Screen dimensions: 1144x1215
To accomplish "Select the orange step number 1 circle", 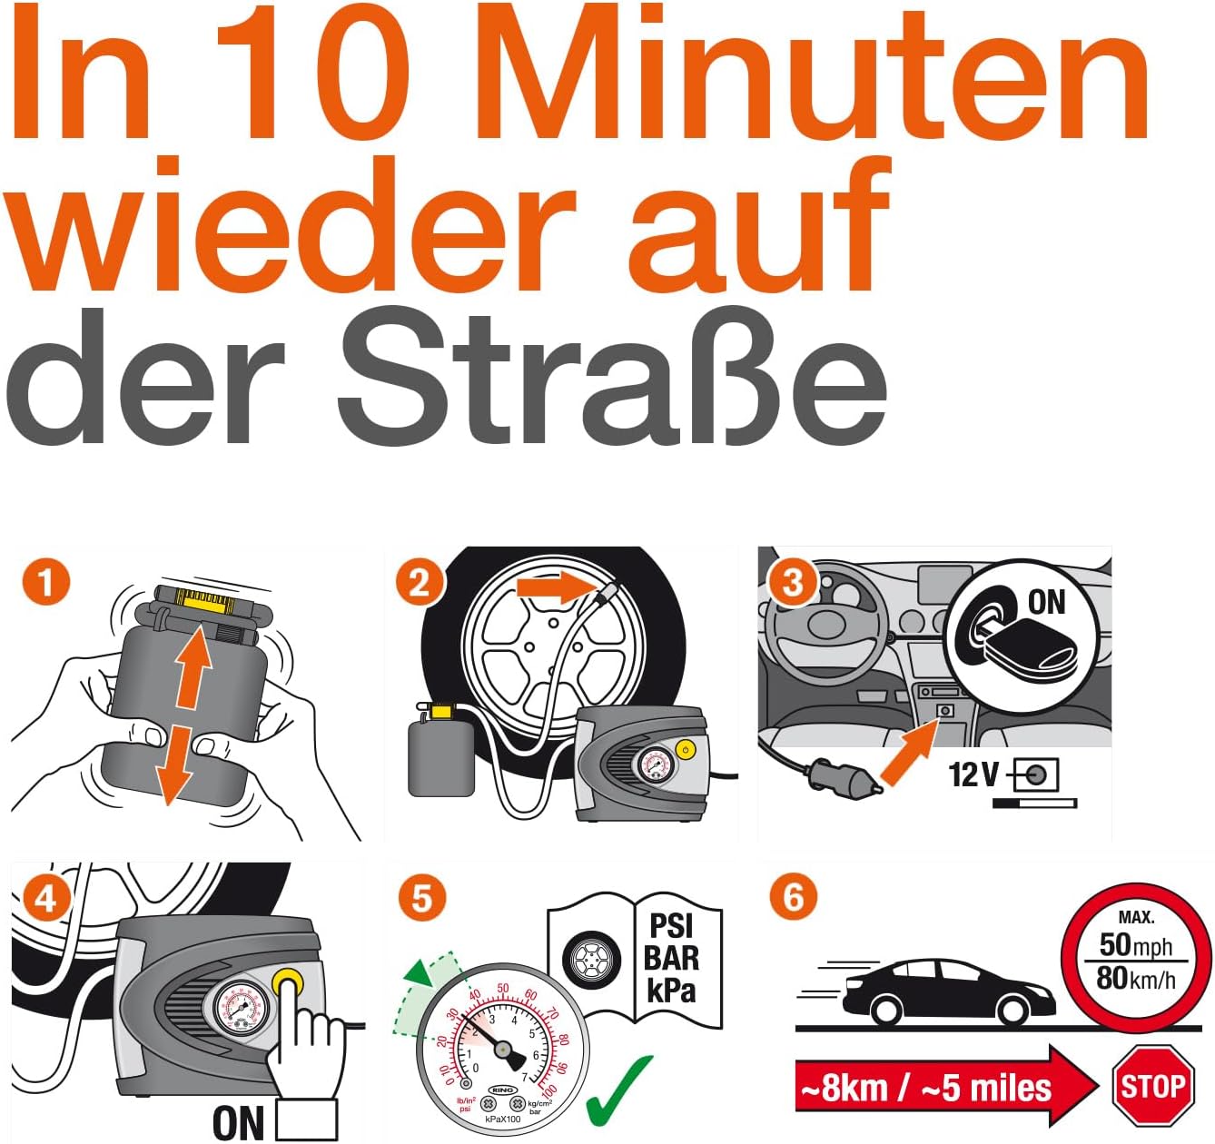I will [x=46, y=582].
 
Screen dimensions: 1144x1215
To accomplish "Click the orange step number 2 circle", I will [x=419, y=582].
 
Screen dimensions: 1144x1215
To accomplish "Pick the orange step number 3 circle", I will [x=793, y=582].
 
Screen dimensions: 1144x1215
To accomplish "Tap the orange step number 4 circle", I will [x=45, y=899].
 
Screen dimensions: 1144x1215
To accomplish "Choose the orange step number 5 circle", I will [x=422, y=899].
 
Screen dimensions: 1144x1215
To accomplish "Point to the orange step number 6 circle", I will [x=793, y=897].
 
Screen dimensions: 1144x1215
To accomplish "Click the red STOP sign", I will [x=1152, y=1086].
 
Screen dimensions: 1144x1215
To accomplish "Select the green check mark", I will [x=619, y=1090].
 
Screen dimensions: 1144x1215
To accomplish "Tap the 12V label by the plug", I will [x=973, y=774].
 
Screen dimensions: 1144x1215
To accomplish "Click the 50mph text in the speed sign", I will [x=1136, y=945].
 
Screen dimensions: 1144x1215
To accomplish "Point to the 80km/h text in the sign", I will [x=1136, y=979].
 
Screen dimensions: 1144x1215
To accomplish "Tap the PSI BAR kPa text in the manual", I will [x=672, y=958].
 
